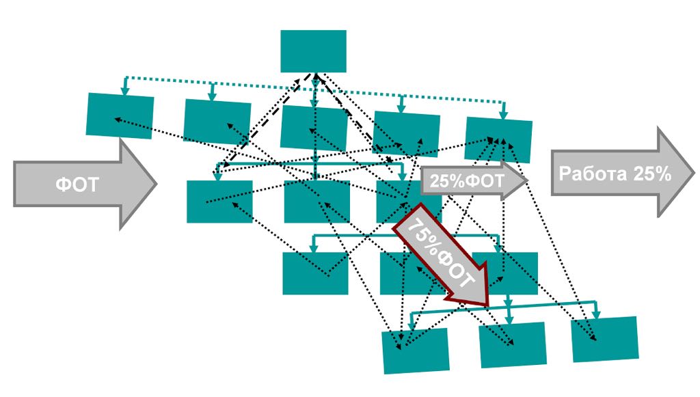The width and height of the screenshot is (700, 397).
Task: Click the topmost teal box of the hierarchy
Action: point(313,51)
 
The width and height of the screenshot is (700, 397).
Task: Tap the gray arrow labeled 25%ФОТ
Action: point(472,181)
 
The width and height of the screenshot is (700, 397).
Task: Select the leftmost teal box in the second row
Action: point(120,115)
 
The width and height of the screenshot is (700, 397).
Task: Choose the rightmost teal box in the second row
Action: point(498,139)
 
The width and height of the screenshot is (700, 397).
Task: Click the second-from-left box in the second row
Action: point(217,121)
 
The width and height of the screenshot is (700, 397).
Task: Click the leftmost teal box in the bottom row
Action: point(416,351)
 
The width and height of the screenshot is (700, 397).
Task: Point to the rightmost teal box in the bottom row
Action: point(604,339)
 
